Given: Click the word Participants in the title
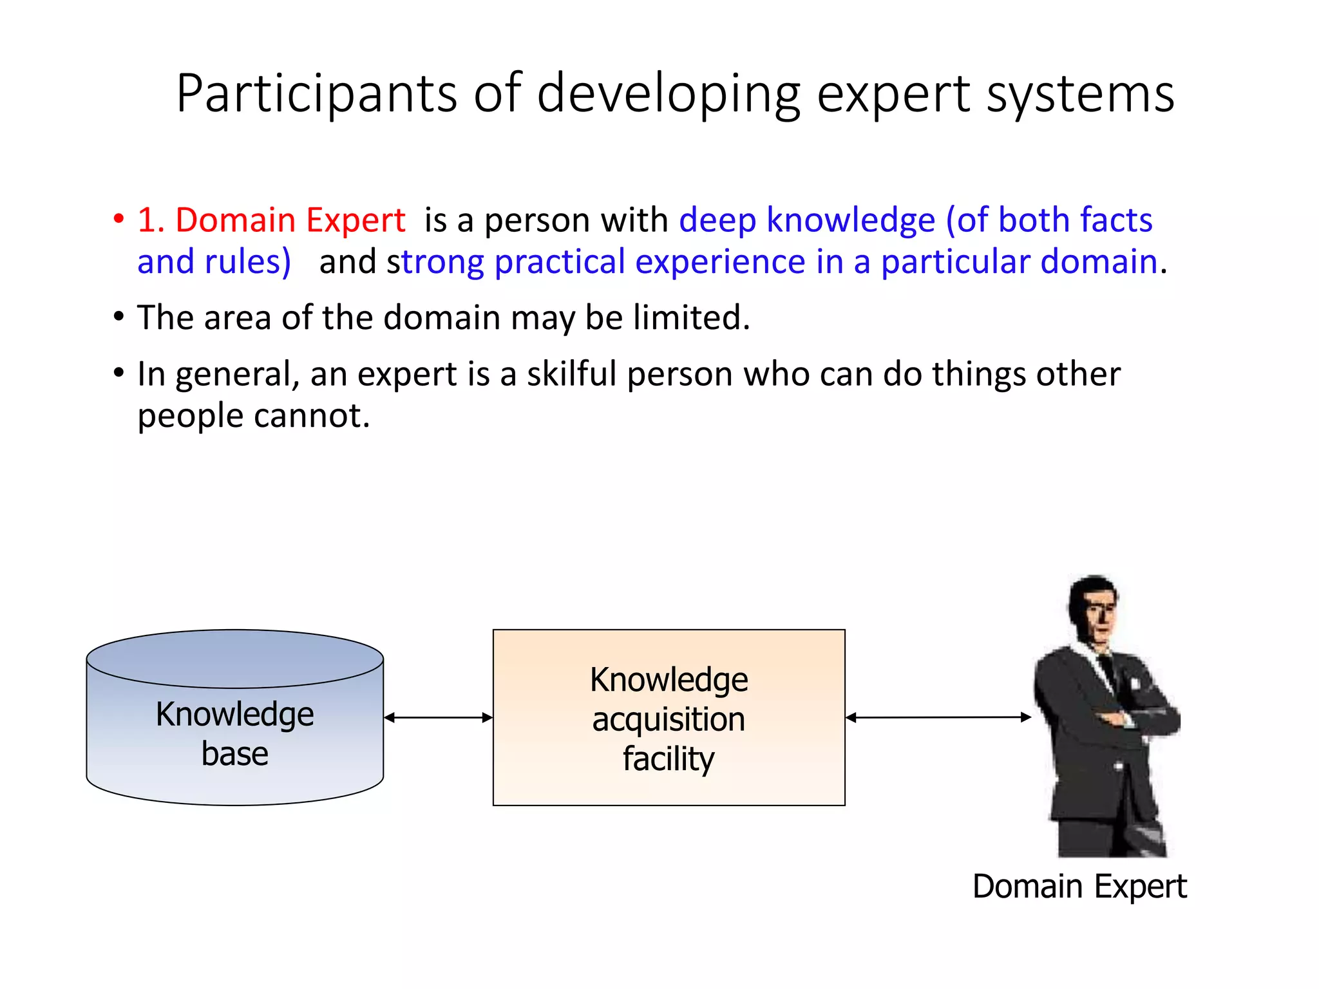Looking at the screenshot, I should click(x=316, y=94).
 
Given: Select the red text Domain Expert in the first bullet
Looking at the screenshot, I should click(x=290, y=220).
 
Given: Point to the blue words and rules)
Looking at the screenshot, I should click(x=214, y=262).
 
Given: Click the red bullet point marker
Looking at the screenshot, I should click(x=119, y=218).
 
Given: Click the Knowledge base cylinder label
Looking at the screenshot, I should click(x=234, y=733).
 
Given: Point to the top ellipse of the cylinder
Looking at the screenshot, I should click(x=234, y=658).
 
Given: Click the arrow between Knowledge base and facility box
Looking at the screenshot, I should click(x=438, y=717).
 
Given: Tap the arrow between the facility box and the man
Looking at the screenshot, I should click(x=938, y=717).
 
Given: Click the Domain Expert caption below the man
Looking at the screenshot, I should click(x=1079, y=887).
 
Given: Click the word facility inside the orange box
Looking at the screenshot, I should click(x=669, y=758).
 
